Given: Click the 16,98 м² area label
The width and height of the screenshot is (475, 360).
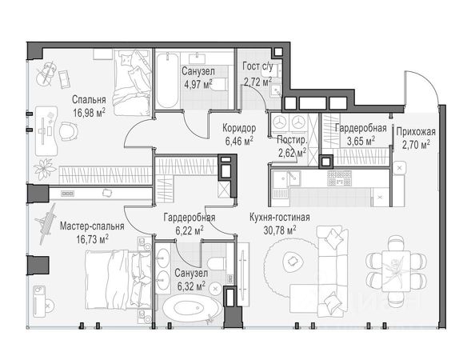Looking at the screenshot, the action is point(89,113).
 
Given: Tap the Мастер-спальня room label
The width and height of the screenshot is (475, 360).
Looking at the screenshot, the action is point(92,226).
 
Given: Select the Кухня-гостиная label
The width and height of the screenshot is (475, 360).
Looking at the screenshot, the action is point(280,218).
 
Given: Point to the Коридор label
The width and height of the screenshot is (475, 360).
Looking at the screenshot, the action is point(239,128).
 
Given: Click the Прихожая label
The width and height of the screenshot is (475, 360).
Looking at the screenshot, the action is point(416,132).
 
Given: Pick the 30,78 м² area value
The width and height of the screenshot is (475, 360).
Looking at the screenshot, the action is point(280,230).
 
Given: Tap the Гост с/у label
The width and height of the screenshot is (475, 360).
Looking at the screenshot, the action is point(257,66).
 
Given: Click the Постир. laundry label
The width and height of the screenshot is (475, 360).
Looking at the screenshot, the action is point(292,140).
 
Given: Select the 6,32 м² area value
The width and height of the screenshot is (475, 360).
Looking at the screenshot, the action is point(191,286).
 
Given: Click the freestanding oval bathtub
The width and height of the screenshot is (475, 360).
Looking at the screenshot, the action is point(193,308).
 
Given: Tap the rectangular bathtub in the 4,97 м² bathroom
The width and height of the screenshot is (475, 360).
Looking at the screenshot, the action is point(167,81).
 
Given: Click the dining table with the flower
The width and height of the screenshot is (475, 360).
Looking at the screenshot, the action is point(396,270).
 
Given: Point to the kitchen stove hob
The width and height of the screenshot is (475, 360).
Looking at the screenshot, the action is point(340,178).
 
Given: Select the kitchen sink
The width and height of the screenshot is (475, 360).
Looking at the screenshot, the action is point(286,178).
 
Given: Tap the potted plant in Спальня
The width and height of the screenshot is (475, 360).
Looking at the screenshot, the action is point(45,169).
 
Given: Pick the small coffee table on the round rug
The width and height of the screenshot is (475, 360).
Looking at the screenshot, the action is point(293,262).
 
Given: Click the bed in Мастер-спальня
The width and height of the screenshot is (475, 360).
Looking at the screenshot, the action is point(118,280).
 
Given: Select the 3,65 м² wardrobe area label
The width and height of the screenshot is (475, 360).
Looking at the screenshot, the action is point(361,142).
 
